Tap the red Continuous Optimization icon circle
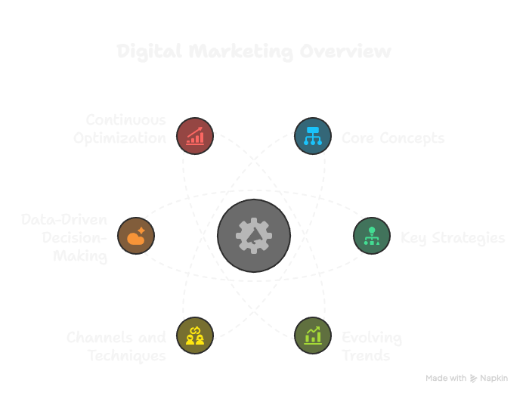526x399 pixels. tap(195, 136)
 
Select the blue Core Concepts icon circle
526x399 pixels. tap(312, 136)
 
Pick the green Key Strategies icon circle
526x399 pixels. tap(372, 236)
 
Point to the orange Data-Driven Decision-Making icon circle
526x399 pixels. tap(137, 236)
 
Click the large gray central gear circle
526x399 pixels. tap(254, 236)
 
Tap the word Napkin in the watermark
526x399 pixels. tap(494, 378)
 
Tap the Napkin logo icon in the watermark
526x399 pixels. tap(474, 378)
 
